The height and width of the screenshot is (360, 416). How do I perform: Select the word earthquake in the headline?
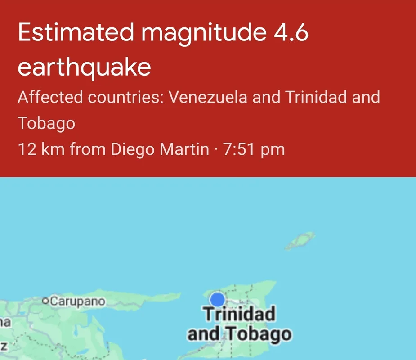(84, 67)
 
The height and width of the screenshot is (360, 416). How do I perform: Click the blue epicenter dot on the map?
(218, 299)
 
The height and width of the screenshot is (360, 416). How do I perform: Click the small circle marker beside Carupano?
(45, 301)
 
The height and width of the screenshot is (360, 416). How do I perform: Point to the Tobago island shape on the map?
(300, 241)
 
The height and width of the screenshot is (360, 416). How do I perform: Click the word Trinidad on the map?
(239, 314)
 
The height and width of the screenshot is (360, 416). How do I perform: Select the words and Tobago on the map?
(239, 334)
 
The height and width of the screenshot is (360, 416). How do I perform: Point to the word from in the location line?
(87, 149)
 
